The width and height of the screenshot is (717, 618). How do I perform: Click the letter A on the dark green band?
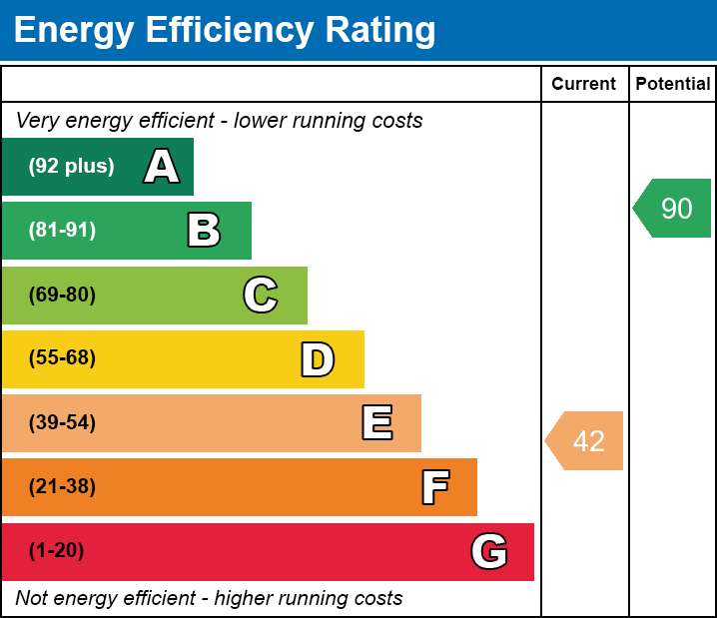[162, 166]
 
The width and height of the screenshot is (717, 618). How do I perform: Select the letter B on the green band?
[204, 230]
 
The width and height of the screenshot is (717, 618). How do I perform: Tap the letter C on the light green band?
[261, 295]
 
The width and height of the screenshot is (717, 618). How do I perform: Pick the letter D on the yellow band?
[318, 359]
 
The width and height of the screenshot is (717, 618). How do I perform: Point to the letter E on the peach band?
[377, 422]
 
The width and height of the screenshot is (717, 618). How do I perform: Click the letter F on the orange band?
[435, 487]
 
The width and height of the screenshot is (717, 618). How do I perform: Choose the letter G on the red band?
[489, 551]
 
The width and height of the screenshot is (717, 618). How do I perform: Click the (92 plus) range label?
[71, 166]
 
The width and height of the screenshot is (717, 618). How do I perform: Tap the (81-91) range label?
[62, 230]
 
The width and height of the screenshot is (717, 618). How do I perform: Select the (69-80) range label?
[62, 295]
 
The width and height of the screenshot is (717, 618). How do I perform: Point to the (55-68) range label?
[62, 357]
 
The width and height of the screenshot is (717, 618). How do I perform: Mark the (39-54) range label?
[62, 422]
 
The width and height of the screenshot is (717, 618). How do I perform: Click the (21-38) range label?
[62, 486]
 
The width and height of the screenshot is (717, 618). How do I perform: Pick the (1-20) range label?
[56, 550]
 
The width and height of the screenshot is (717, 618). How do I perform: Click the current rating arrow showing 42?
[584, 440]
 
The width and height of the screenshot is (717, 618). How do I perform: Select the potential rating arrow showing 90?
[672, 208]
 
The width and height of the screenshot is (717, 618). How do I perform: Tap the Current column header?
[583, 84]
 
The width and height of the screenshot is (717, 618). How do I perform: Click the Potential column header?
[673, 84]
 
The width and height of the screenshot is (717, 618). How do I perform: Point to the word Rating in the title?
[380, 31]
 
